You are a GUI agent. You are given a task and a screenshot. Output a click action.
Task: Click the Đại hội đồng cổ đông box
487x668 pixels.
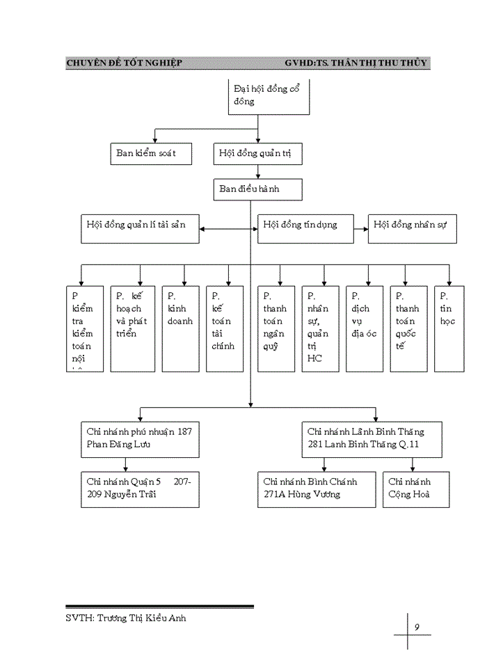(x=269, y=97)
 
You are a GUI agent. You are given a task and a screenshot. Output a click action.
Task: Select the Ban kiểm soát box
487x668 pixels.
(x=151, y=154)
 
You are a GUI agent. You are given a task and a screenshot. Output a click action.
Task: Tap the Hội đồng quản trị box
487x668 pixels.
(x=257, y=154)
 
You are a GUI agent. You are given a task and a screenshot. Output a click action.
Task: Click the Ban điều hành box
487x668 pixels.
(x=257, y=189)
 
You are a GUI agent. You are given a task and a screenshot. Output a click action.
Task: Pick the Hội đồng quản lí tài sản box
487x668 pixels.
(x=140, y=229)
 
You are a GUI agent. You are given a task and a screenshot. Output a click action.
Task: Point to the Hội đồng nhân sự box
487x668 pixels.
(x=412, y=229)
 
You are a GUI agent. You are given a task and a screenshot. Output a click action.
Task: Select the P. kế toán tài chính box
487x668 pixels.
(x=225, y=328)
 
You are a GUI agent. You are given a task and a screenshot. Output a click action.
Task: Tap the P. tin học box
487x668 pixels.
(x=449, y=328)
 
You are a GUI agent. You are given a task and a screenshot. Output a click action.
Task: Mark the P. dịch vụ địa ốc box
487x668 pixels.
(x=365, y=328)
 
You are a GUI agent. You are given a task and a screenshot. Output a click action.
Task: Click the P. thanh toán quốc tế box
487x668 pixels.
(x=408, y=328)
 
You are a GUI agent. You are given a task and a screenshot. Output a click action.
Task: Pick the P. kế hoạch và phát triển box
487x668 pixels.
(x=132, y=328)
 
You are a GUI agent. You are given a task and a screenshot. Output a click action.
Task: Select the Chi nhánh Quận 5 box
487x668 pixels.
(x=140, y=488)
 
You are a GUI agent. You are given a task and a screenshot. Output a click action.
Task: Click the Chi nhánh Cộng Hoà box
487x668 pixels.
(x=416, y=488)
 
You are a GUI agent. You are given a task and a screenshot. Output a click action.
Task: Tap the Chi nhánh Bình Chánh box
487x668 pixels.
(x=317, y=488)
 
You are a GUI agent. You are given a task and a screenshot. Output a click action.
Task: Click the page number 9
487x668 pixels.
(x=416, y=628)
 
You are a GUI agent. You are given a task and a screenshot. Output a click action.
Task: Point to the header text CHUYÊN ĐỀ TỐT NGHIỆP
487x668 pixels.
(x=124, y=63)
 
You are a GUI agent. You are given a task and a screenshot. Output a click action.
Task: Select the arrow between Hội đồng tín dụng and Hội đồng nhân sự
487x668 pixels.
(x=361, y=226)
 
